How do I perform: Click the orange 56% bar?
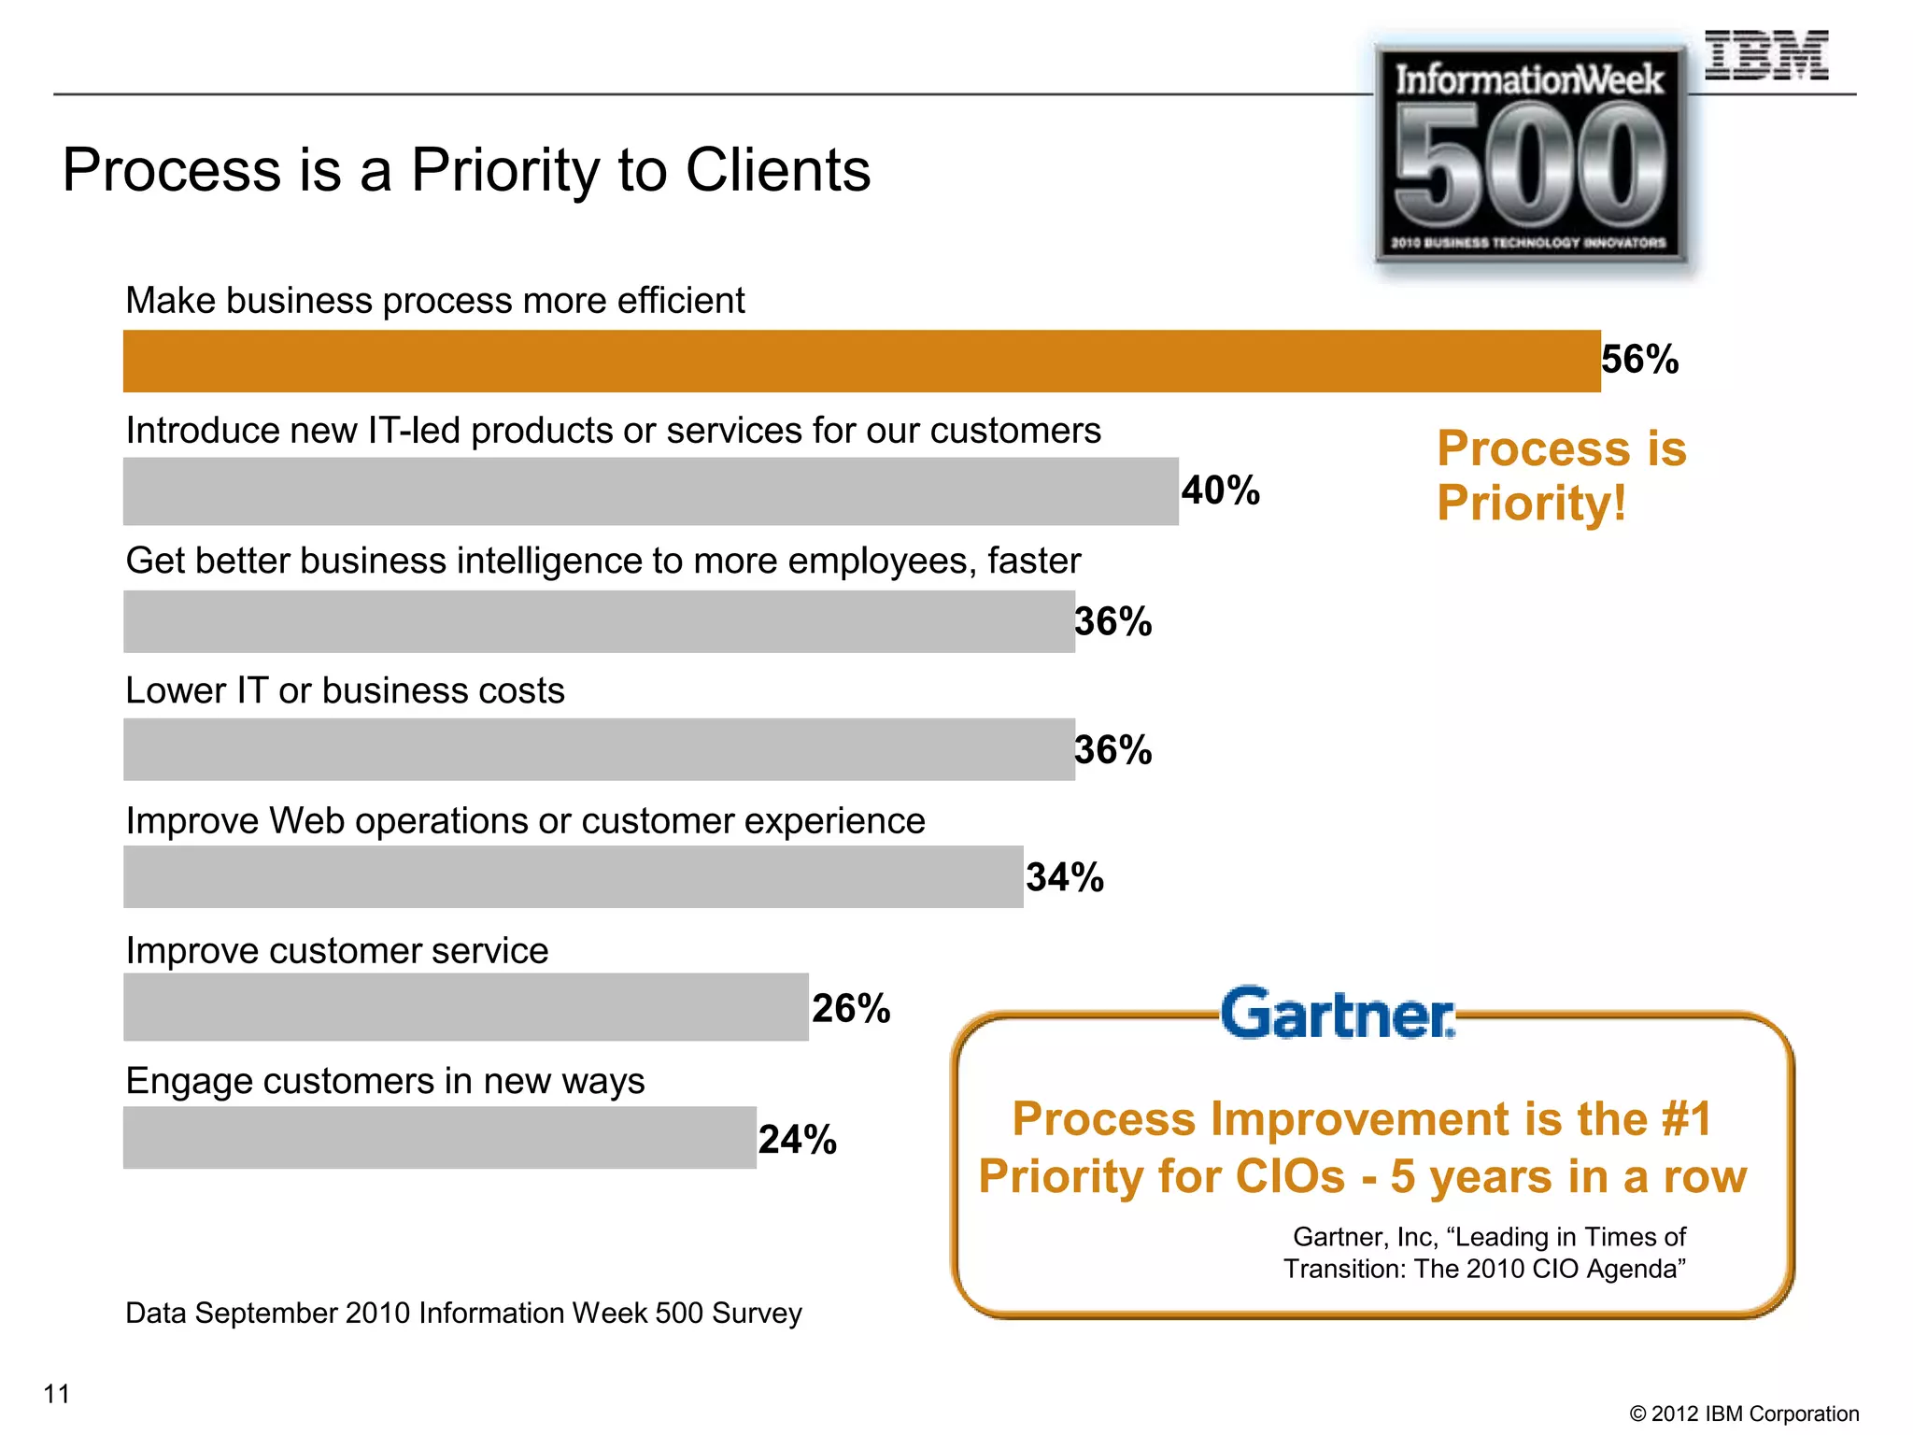(x=861, y=361)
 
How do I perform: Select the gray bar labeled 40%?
(x=650, y=491)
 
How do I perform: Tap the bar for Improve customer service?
(x=465, y=1007)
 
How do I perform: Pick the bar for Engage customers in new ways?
(x=439, y=1138)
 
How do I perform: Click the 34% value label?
(x=1065, y=878)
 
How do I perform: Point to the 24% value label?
(x=797, y=1140)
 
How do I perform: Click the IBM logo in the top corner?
(x=1765, y=56)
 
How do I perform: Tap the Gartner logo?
(x=1338, y=1015)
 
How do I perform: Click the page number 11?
(x=57, y=1394)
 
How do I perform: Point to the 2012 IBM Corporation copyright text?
(x=1744, y=1414)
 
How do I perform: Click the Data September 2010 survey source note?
(x=463, y=1314)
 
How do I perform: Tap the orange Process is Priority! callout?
(x=1562, y=476)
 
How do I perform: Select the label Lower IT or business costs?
(x=345, y=691)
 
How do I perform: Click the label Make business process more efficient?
(x=434, y=301)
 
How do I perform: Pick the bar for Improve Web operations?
(x=573, y=877)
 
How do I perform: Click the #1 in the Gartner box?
(x=1686, y=1119)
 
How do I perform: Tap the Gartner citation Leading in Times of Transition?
(x=1485, y=1253)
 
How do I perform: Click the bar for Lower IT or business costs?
(x=598, y=749)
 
